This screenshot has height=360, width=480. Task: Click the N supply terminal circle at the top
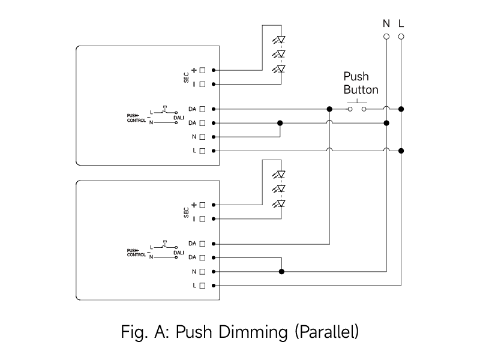(386, 37)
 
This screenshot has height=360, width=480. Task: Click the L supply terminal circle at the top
(401, 37)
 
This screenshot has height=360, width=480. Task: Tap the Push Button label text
(361, 83)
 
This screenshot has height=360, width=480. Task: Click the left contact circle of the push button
(350, 109)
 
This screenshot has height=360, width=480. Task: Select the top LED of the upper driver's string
(279, 40)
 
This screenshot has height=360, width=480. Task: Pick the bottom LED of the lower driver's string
(279, 203)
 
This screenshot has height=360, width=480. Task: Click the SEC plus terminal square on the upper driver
(202, 70)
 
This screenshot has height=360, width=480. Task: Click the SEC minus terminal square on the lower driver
(202, 219)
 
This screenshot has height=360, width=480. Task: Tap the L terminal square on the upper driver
(202, 151)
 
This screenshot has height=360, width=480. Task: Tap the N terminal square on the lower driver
(202, 272)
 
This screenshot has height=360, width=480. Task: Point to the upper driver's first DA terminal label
(192, 109)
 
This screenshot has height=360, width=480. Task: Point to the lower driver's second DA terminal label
(192, 257)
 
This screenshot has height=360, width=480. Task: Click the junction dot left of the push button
(329, 109)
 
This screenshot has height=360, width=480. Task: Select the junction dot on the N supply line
(386, 123)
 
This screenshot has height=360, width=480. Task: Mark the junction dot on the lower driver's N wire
(281, 272)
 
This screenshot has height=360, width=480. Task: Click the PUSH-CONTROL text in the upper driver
(136, 118)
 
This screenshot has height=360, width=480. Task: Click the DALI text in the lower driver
(179, 253)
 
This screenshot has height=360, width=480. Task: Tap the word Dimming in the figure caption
(253, 332)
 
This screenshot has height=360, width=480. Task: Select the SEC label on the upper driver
(186, 77)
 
